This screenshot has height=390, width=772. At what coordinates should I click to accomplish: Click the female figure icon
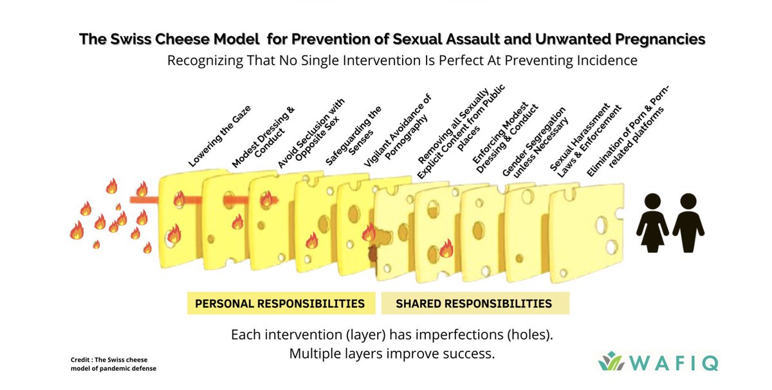coord(652,223)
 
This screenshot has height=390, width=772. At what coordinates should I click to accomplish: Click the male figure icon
coord(688,223)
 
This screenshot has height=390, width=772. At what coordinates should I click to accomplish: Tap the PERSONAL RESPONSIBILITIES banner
coord(281,303)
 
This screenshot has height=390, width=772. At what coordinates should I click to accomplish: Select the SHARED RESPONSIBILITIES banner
coord(475,303)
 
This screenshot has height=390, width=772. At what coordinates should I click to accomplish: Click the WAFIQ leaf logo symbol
coord(611,361)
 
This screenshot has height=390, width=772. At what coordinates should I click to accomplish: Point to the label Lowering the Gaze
coord(219,136)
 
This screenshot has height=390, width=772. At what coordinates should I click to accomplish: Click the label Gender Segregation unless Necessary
coord(535,142)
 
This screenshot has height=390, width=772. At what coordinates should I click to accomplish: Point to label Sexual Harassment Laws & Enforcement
coord(585,141)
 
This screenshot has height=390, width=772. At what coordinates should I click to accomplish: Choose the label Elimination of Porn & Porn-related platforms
coord(628,131)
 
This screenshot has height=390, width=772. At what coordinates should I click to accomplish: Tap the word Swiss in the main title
coord(130,39)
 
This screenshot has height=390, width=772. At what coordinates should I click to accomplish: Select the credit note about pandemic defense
coord(113,364)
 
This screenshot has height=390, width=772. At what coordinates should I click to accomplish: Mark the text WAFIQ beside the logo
coord(674,363)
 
